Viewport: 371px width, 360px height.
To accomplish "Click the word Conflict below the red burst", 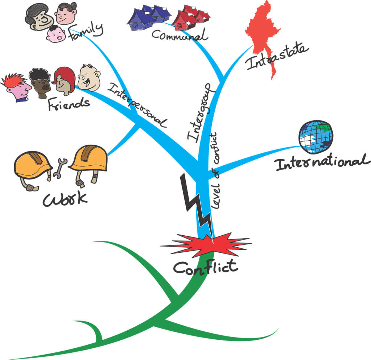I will (x=205, y=267).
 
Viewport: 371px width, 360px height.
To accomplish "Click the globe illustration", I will (x=315, y=136).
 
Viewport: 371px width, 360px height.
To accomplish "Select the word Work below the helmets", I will (x=65, y=198).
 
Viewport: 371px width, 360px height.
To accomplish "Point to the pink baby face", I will (x=56, y=34).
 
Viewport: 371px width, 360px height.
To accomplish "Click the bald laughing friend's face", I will (x=89, y=77).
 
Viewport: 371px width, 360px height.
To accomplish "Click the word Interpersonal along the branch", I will (x=138, y=105).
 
